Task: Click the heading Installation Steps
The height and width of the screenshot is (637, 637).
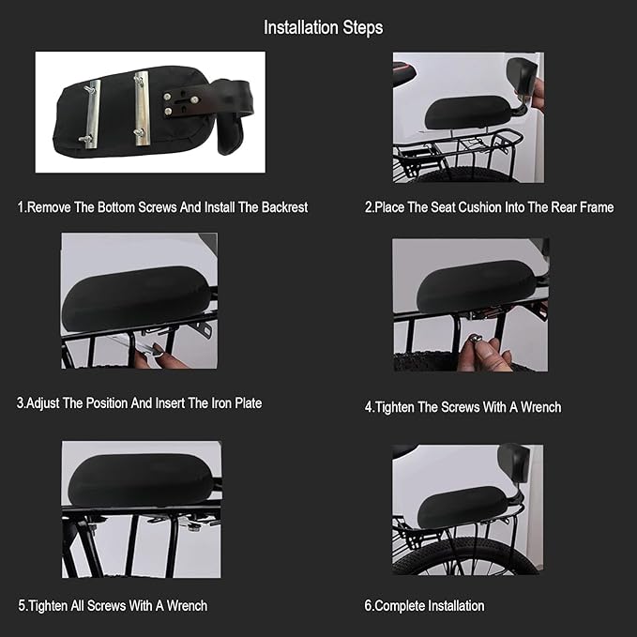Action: tap(323, 27)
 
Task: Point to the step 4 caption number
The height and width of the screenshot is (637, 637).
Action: tap(369, 407)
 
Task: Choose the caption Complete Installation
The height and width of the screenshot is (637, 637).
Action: tap(429, 605)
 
